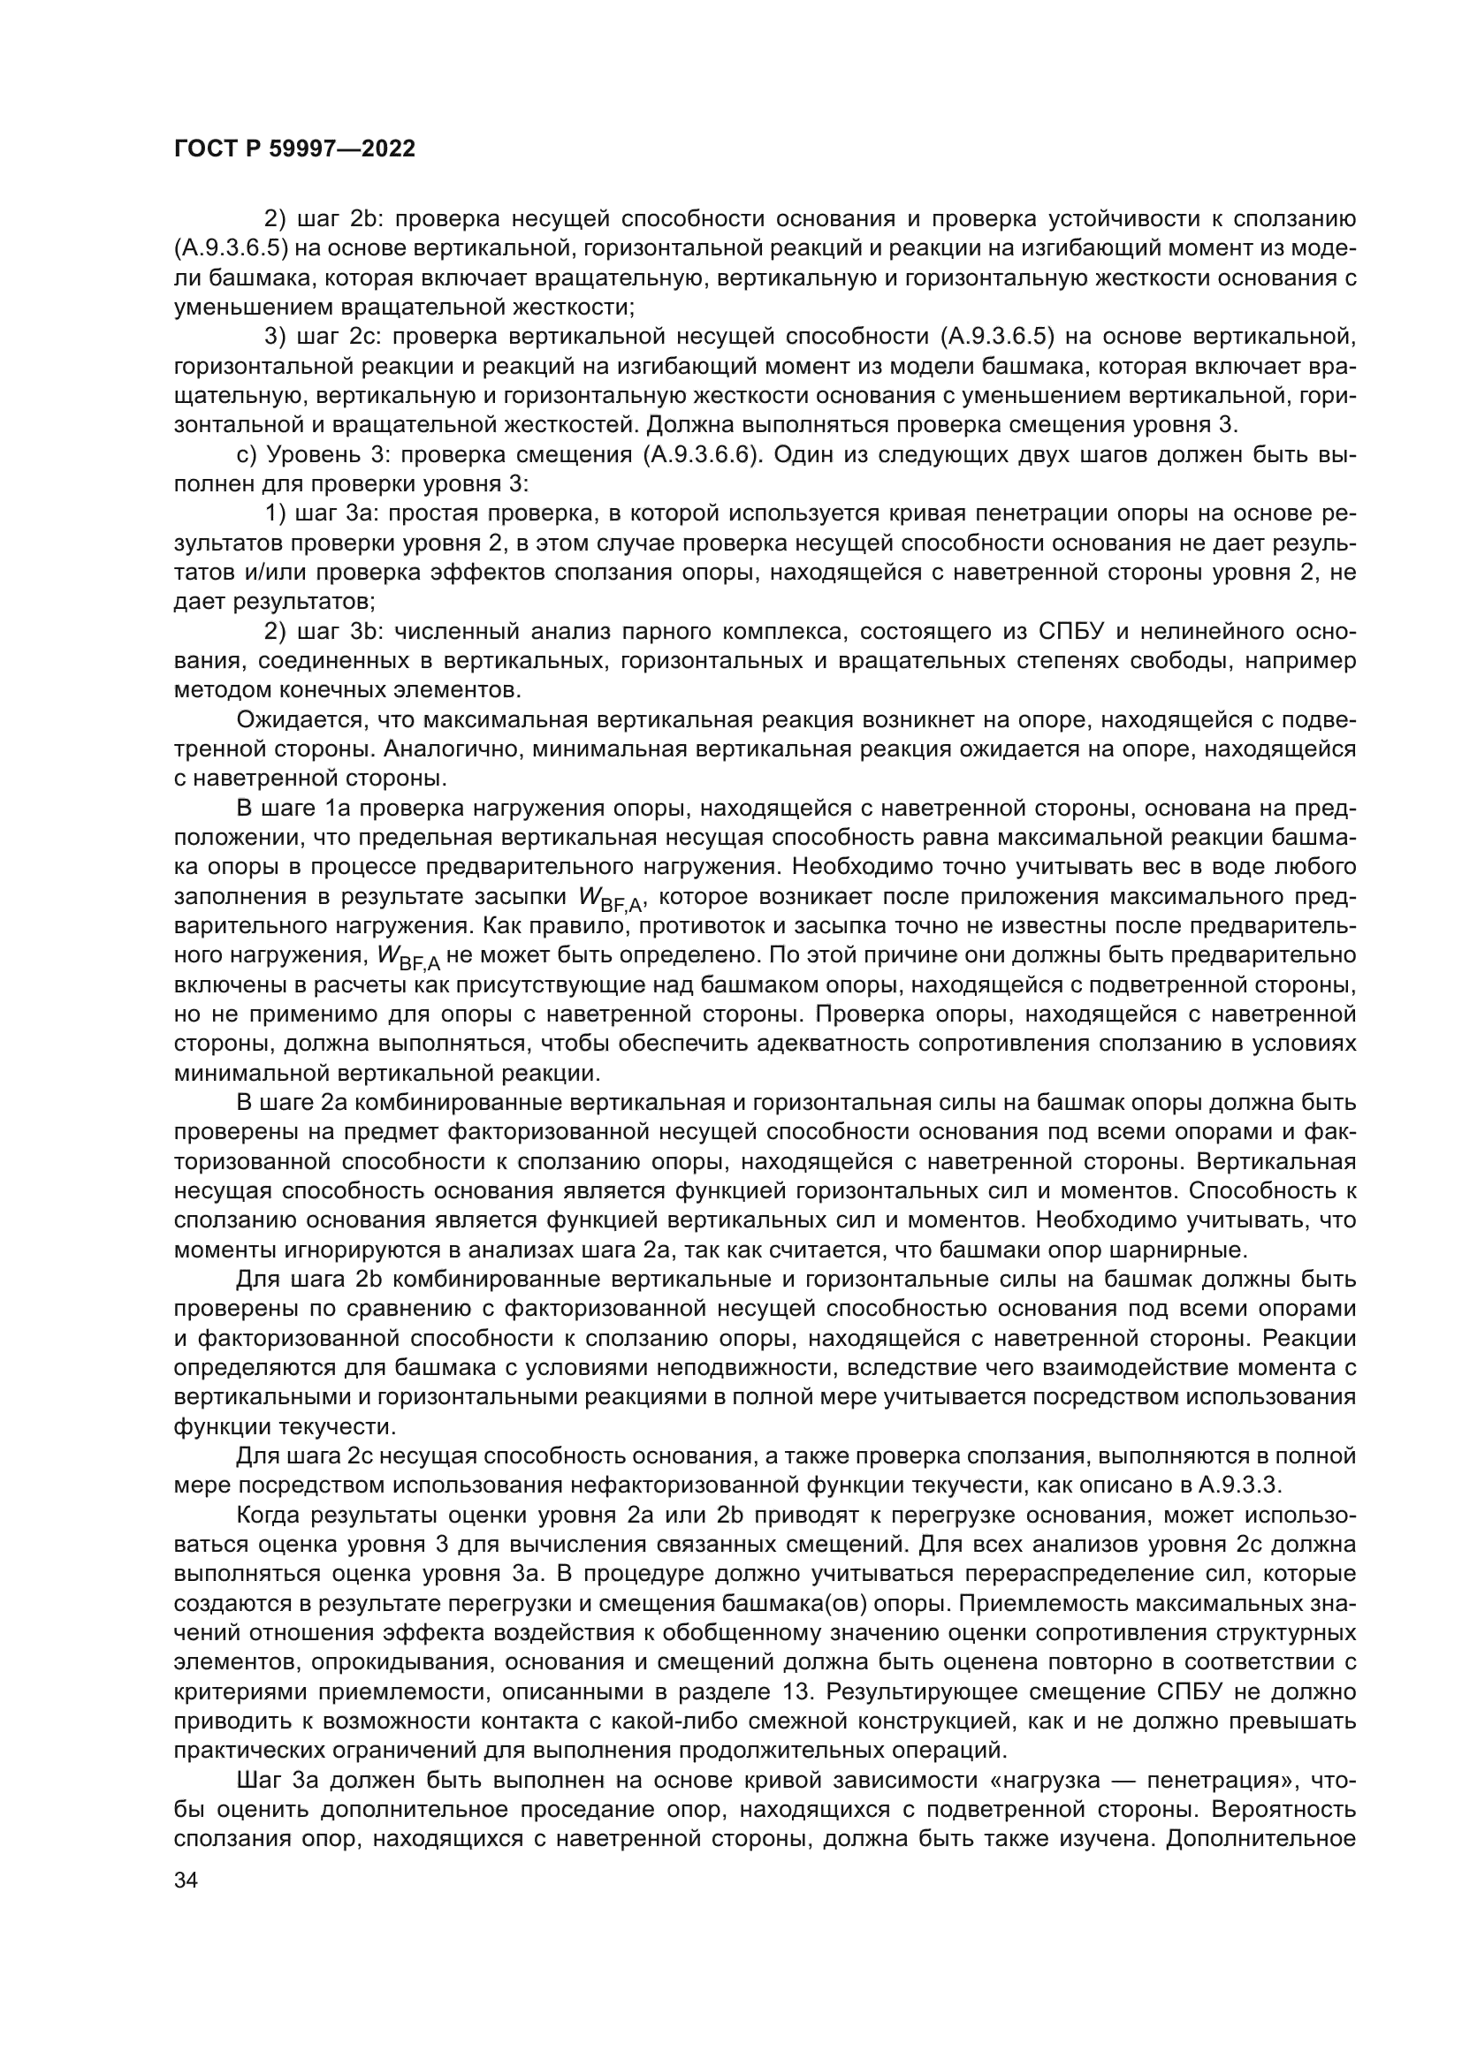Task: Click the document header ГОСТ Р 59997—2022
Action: [294, 149]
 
